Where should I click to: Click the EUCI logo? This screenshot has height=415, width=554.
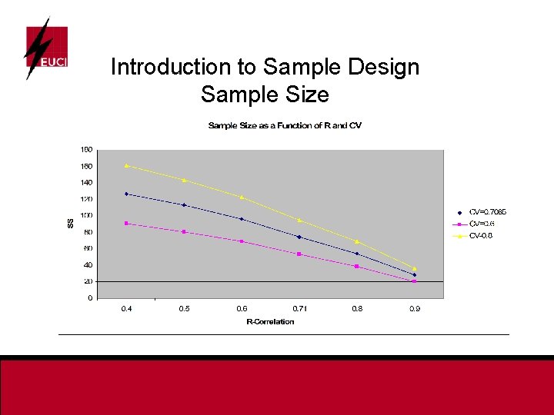[x=45, y=48]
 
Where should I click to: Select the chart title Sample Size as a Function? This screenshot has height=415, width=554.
[x=285, y=125]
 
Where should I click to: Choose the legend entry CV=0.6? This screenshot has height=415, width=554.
[x=482, y=224]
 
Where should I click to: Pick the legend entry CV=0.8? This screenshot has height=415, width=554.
[x=482, y=235]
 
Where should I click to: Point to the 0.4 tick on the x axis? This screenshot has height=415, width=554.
[x=126, y=309]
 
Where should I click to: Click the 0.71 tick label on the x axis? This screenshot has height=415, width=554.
[x=299, y=309]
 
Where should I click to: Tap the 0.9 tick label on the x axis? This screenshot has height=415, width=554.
[x=415, y=309]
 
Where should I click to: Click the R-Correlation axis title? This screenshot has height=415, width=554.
[x=270, y=322]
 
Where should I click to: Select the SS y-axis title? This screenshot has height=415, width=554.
[x=70, y=223]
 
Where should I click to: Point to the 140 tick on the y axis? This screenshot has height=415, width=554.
[x=87, y=183]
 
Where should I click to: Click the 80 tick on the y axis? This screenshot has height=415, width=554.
[x=88, y=232]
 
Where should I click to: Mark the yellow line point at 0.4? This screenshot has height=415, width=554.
[x=126, y=165]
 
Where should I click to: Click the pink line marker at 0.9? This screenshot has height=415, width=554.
[x=415, y=281]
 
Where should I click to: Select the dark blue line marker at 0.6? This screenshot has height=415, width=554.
[x=242, y=219]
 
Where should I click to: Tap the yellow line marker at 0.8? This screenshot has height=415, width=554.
[x=357, y=241]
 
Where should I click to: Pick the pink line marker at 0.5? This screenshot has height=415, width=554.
[x=184, y=231]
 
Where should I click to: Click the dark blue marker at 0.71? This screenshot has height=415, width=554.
[x=299, y=237]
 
